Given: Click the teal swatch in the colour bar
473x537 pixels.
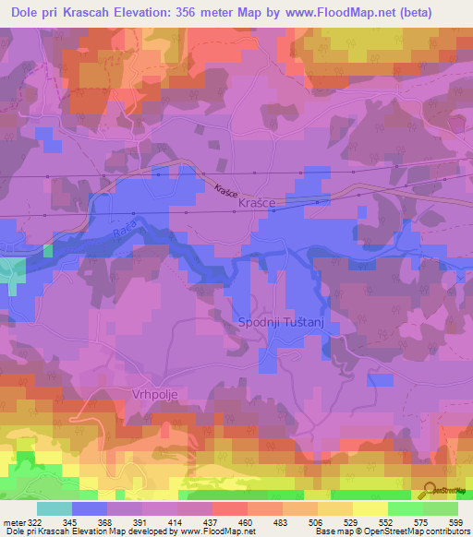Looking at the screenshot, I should [x=55, y=509].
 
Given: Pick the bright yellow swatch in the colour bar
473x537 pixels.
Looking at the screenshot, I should [x=370, y=509].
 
